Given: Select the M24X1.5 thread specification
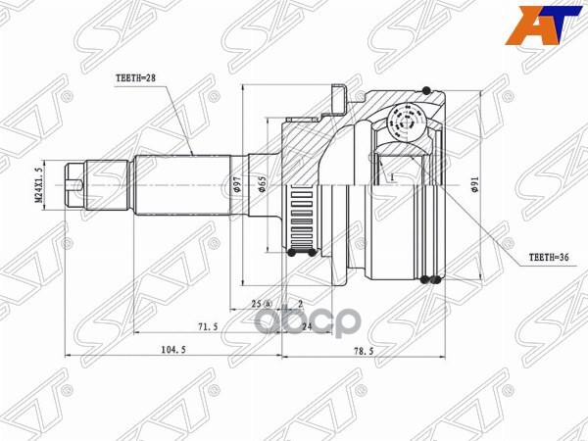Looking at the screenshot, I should [40, 183].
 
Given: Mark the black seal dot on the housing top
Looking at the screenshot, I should [427, 91].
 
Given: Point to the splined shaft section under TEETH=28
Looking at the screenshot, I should [186, 183].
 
